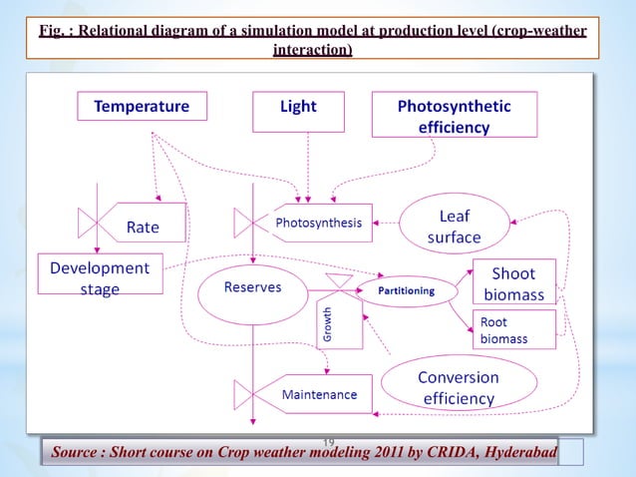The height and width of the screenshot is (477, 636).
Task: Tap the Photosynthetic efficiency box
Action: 454,116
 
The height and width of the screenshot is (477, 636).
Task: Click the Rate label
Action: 142,227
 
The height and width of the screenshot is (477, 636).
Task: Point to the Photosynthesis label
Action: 319,223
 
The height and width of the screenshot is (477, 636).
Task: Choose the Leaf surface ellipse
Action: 454,226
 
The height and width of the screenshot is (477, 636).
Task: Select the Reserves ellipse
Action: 252,287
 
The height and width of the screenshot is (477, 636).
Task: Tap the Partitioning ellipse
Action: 405,291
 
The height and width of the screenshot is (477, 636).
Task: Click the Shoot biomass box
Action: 512,283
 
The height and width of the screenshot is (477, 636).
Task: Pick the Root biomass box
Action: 514,330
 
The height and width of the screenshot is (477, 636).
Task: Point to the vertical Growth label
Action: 327,326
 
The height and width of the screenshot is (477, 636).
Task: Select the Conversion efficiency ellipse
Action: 458,387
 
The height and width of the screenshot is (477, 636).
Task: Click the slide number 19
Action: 328,442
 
